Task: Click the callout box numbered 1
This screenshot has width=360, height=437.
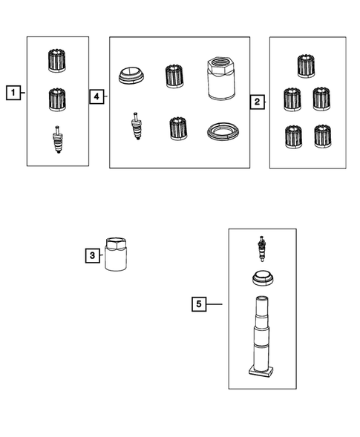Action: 13,93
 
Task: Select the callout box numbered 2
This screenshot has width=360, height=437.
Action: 257,102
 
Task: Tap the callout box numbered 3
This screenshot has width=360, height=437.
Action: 93,255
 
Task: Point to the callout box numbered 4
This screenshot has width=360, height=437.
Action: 96,96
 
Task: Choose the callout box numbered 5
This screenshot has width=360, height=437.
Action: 199,304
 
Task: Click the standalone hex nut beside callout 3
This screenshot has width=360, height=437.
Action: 116,254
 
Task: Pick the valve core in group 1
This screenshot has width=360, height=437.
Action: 58,139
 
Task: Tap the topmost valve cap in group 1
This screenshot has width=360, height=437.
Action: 57,61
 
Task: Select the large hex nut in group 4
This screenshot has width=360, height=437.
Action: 221,78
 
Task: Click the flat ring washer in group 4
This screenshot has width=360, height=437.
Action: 223,131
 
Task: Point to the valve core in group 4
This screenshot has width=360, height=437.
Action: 136,125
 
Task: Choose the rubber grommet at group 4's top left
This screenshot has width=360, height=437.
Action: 131,75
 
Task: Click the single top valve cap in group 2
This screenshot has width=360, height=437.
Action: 306,66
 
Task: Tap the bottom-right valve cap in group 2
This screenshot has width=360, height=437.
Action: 323,137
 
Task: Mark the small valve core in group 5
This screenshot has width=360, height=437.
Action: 262,249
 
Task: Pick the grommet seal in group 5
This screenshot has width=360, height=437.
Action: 263,278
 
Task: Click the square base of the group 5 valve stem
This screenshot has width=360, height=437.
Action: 261,372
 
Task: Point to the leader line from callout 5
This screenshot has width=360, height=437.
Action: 215,304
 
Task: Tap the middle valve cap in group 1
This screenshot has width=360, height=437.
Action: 57,99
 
